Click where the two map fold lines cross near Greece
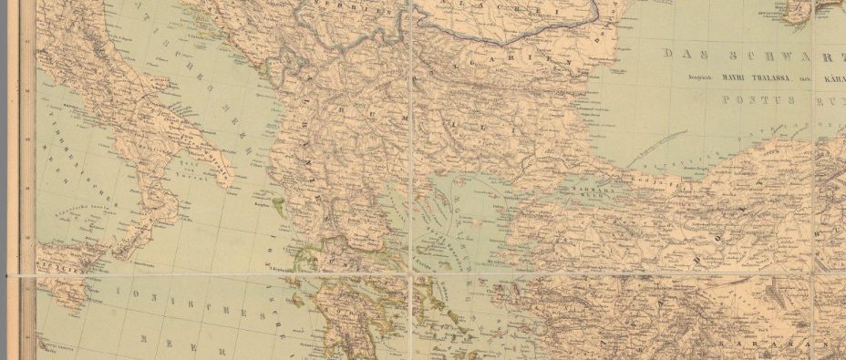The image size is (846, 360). click(x=414, y=274)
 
